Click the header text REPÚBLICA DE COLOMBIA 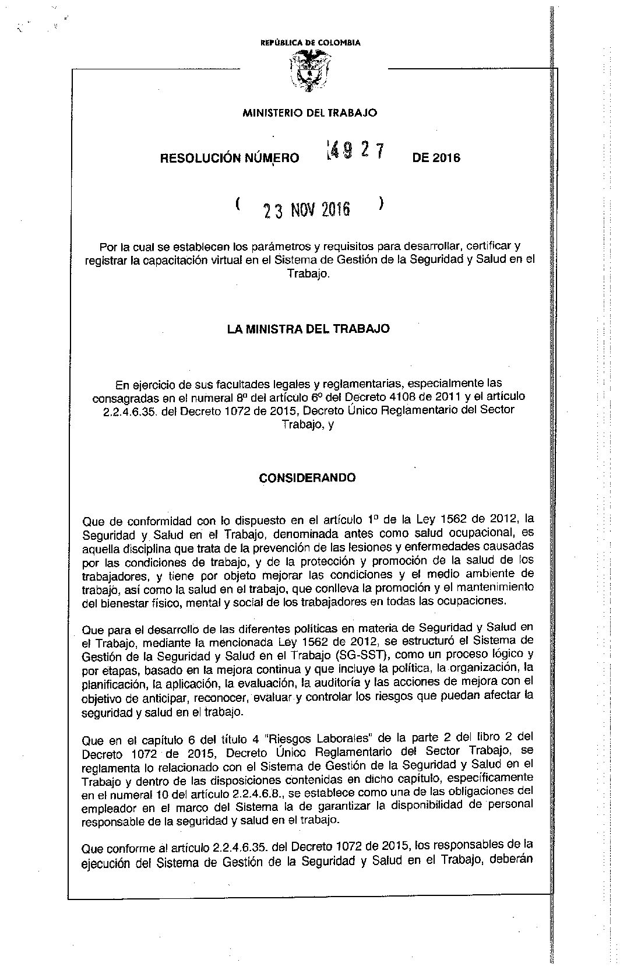[310, 43]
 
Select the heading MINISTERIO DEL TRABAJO [309, 113]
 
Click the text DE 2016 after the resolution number [436, 158]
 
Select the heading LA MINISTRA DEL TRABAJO [308, 329]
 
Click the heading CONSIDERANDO [307, 478]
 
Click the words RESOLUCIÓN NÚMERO [230, 158]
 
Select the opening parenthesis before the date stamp [239, 204]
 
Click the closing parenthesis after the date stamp [381, 204]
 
